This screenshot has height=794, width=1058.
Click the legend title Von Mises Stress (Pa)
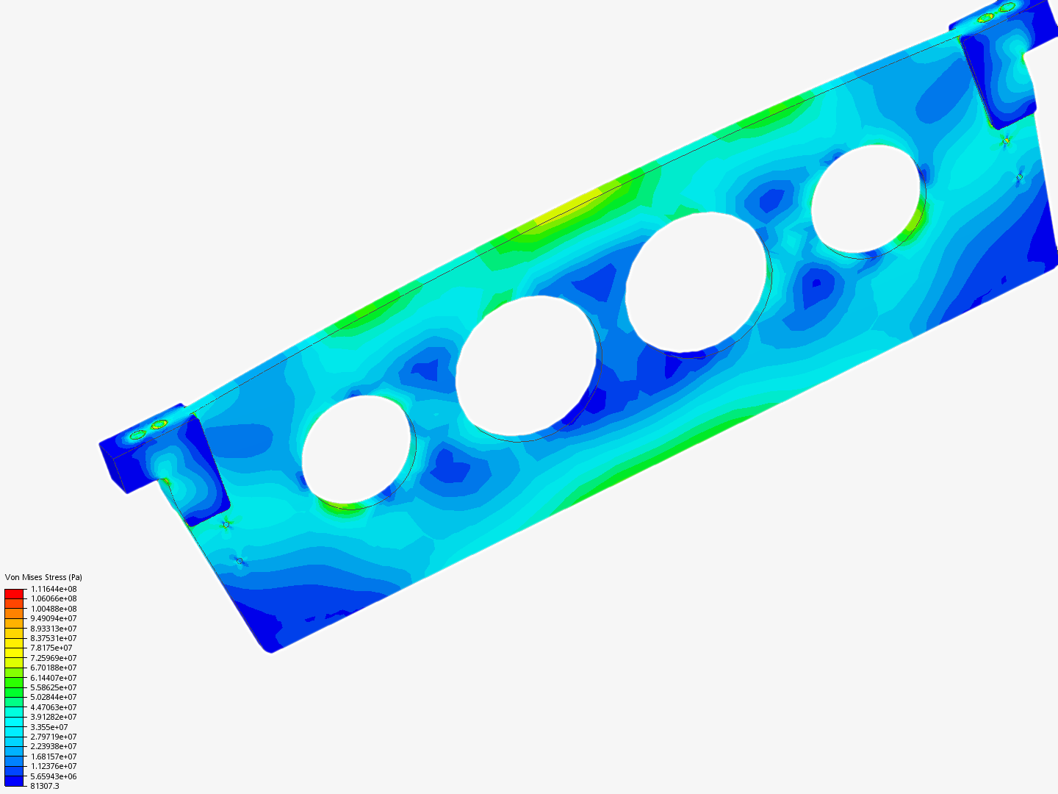tap(43, 577)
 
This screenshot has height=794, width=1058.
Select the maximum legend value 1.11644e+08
tap(54, 589)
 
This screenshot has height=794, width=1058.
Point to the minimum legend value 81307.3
tap(45, 787)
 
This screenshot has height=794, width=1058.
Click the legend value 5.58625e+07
tap(54, 687)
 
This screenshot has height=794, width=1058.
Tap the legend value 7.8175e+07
tap(51, 648)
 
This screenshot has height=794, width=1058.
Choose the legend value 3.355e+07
tap(49, 727)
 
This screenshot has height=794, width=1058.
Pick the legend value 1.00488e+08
tap(54, 609)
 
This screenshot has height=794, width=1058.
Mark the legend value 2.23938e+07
tap(54, 746)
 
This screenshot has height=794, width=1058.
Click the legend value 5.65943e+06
tap(54, 776)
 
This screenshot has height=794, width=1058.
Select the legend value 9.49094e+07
tap(54, 618)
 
